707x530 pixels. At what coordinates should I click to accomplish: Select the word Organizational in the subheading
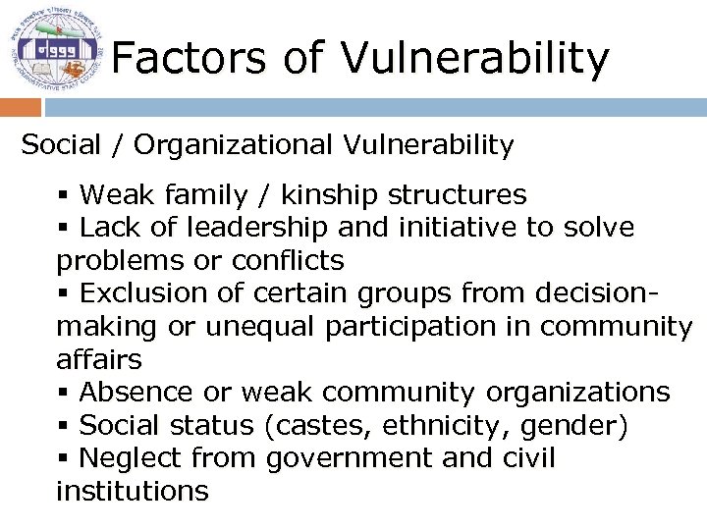click(236, 146)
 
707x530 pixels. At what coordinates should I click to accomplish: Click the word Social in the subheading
click(61, 145)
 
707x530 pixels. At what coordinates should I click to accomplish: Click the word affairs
click(98, 359)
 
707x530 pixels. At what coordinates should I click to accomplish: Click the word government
click(349, 459)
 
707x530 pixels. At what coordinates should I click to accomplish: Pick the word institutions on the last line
click(133, 491)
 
